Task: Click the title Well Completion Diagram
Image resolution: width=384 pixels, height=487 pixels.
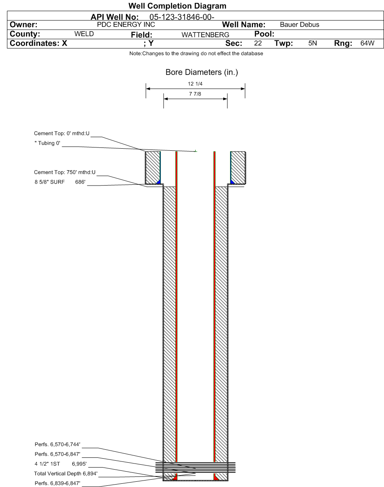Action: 177,6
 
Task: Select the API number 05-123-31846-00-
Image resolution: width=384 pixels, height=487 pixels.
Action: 182,17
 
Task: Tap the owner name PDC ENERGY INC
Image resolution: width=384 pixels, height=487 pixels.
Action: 126,24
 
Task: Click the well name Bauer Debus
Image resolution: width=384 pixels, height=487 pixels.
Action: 299,24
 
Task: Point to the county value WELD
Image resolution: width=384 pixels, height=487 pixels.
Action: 84,34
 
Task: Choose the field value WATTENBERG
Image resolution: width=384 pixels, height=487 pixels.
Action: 205,35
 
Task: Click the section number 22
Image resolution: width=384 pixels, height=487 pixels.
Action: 258,43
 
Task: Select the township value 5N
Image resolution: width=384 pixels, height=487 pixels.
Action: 312,43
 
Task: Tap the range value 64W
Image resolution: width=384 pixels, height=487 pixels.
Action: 367,43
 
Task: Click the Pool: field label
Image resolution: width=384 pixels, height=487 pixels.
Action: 264,34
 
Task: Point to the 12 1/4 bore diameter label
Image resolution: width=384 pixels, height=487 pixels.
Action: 195,84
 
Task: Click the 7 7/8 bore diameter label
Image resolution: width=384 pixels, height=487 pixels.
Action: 195,94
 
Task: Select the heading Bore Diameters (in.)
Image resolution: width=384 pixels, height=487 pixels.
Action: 202,72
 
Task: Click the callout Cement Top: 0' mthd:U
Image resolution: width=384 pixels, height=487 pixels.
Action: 62,133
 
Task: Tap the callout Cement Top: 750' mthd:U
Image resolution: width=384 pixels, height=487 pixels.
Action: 65,172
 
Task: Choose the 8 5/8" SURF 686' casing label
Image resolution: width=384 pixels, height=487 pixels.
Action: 60,182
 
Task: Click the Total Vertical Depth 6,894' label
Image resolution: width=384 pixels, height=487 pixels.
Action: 66,473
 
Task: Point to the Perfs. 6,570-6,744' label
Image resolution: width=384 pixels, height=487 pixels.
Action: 58,444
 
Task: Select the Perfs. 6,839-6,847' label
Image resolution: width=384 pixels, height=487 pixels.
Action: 58,483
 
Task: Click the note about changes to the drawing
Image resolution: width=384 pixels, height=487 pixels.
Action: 196,53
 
